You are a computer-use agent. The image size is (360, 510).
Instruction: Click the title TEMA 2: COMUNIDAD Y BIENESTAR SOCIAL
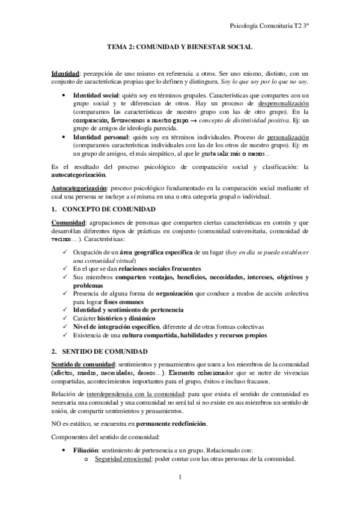180,46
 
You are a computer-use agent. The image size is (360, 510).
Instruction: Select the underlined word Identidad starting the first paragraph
66,73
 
